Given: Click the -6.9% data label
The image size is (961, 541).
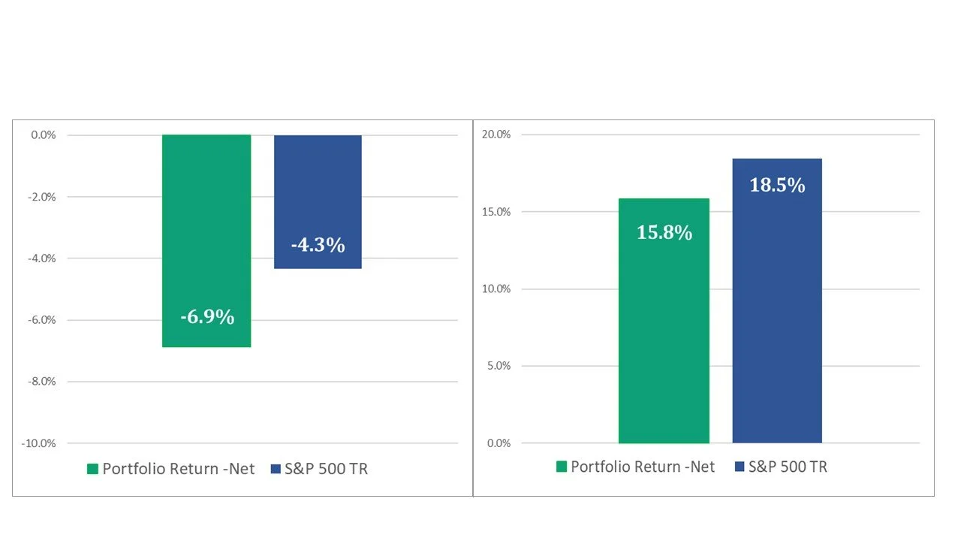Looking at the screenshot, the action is [207, 317].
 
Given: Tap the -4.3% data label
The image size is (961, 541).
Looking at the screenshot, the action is [318, 245].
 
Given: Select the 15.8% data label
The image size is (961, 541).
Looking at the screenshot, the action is [664, 232].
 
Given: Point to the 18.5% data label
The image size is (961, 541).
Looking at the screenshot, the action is [777, 185].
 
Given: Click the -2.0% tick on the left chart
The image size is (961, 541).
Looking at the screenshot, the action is [42, 197].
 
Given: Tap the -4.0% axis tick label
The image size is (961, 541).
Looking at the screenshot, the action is [42, 258].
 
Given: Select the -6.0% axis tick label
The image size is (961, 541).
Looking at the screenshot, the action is [42, 320].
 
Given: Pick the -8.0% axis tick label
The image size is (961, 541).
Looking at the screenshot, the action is [42, 381].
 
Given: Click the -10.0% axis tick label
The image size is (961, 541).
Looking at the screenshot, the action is [38, 443].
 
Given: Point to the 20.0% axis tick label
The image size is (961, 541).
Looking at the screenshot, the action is [496, 134].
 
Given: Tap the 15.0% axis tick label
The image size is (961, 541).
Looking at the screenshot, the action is [496, 212].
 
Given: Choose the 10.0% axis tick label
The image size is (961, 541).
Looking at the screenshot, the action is [496, 289].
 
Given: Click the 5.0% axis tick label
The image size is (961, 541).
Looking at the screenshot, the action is [499, 366].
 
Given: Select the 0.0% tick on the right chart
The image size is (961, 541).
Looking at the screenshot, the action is [499, 443].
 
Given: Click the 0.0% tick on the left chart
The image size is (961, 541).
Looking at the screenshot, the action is [44, 134].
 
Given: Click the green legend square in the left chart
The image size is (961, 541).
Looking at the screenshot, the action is [92, 469].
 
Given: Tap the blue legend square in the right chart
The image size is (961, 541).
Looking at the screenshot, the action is [740, 467].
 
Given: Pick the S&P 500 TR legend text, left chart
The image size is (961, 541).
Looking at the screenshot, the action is [327, 469].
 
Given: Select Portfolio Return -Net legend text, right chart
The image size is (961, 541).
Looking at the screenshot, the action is [643, 467].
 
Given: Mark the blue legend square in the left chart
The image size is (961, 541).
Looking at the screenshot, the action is [276, 469].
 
